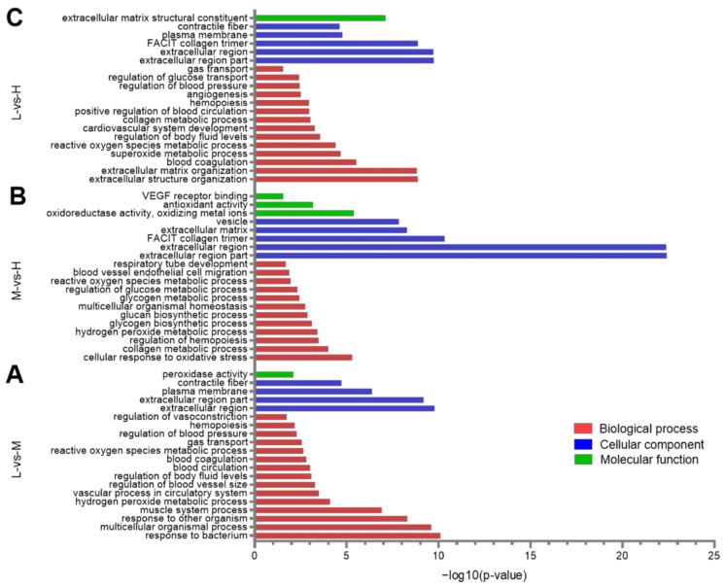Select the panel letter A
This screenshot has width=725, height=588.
tap(16, 373)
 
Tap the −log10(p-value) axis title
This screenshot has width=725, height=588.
tap(483, 576)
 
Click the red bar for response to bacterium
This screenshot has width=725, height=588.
tap(347, 536)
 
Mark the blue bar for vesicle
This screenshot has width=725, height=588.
tap(327, 221)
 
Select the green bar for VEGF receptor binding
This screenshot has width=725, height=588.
tap(268, 195)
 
